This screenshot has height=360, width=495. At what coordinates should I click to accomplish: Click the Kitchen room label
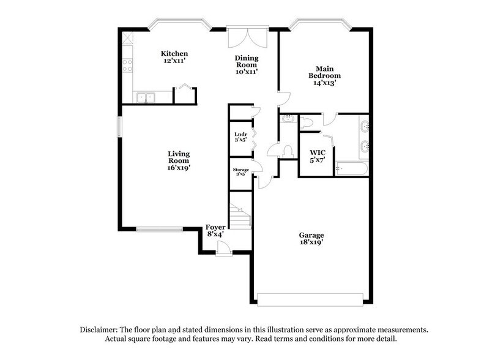pos(174,54)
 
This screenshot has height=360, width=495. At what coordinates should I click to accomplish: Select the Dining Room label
pos(247,62)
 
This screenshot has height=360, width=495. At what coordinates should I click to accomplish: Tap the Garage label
pos(311,235)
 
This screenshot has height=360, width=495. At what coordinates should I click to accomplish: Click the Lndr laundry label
pos(240,134)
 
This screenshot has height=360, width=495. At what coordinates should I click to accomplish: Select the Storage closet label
pos(240,170)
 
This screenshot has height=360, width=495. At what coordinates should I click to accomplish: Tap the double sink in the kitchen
pos(146,97)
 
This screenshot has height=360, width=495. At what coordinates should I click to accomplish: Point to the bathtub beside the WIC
pos(352,169)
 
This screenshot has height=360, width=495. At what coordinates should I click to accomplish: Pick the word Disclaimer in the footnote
pos(100,329)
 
